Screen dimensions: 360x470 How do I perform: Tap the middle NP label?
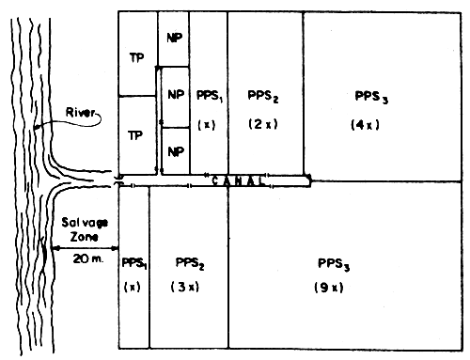(x=176, y=96)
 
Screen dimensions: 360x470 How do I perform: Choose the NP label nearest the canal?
(x=176, y=149)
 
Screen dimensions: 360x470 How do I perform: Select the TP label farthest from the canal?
(x=136, y=55)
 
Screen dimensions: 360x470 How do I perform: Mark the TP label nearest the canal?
(x=136, y=134)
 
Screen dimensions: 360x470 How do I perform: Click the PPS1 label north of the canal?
(x=209, y=96)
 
